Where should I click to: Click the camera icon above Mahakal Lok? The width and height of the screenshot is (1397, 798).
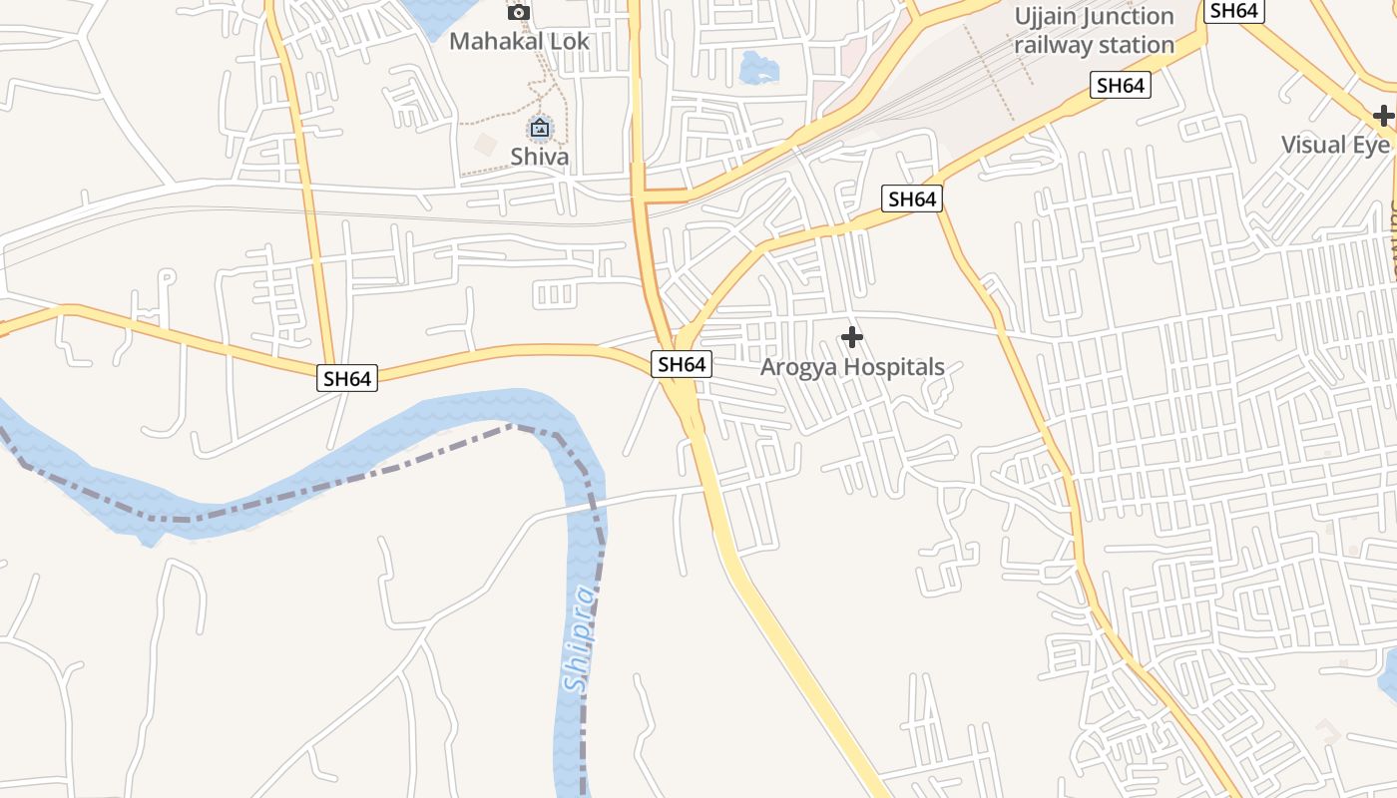(x=519, y=12)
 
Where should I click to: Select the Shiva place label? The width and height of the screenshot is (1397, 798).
(x=540, y=157)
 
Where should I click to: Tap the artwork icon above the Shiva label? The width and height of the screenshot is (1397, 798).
(x=540, y=128)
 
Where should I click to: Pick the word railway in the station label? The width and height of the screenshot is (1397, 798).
(x=1051, y=46)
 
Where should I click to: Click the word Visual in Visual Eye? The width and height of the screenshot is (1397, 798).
(x=1314, y=145)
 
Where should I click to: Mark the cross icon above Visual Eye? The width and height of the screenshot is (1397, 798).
(x=1383, y=116)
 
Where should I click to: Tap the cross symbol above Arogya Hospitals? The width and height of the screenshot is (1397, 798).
(x=852, y=337)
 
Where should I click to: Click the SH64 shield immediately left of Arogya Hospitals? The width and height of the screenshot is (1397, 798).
(x=683, y=365)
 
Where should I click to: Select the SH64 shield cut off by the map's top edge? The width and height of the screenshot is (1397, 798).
(x=1235, y=10)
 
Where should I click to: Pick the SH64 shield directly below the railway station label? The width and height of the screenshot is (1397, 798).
(x=1120, y=86)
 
